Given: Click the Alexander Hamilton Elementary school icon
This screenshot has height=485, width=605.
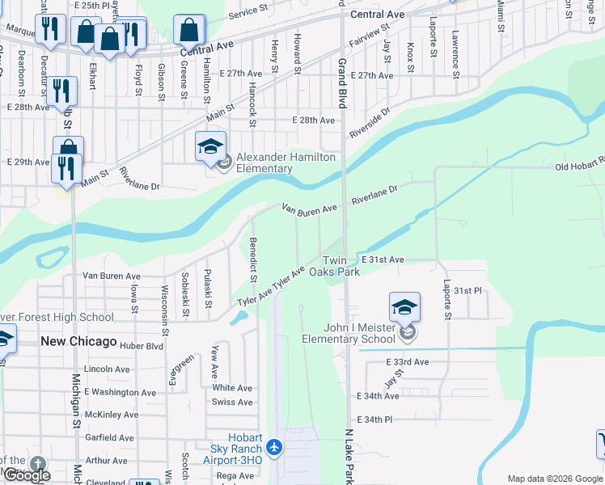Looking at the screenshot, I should tap(210, 146).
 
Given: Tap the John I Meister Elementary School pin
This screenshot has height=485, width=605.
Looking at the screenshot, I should tap(404, 307).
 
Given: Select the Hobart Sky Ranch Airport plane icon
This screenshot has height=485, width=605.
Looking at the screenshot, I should tap(274, 446).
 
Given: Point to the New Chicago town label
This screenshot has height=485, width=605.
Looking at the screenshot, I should tap(78, 342).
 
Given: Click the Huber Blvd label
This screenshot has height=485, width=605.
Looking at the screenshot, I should tap(141, 346).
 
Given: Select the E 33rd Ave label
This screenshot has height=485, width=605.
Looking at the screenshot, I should tap(407, 361).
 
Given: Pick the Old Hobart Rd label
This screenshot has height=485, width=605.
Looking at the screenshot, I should tap(579, 167).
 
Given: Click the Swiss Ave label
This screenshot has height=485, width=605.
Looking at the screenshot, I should tap(232, 402).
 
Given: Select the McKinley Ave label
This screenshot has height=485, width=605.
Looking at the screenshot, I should tap(112, 415).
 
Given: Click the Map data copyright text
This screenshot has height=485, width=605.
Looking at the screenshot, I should tap(556, 479).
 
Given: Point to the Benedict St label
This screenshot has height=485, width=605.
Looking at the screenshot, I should tap(253, 259).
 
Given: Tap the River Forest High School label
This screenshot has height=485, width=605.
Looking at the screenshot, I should tap(57, 317).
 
